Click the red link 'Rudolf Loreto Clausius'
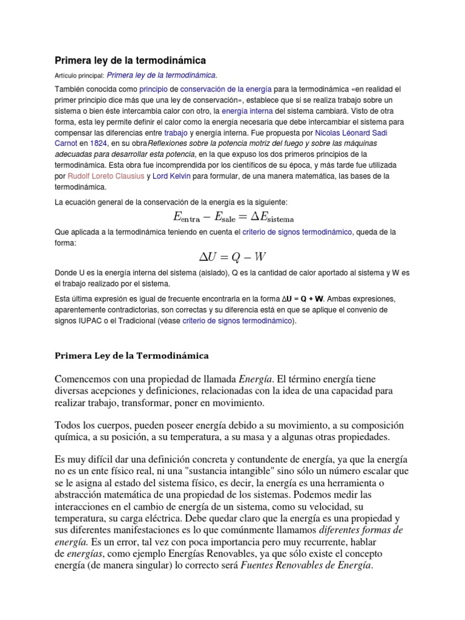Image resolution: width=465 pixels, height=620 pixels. point(105,176)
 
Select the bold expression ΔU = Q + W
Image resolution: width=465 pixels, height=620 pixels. point(303,298)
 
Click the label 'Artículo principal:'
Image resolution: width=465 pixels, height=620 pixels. point(79,76)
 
